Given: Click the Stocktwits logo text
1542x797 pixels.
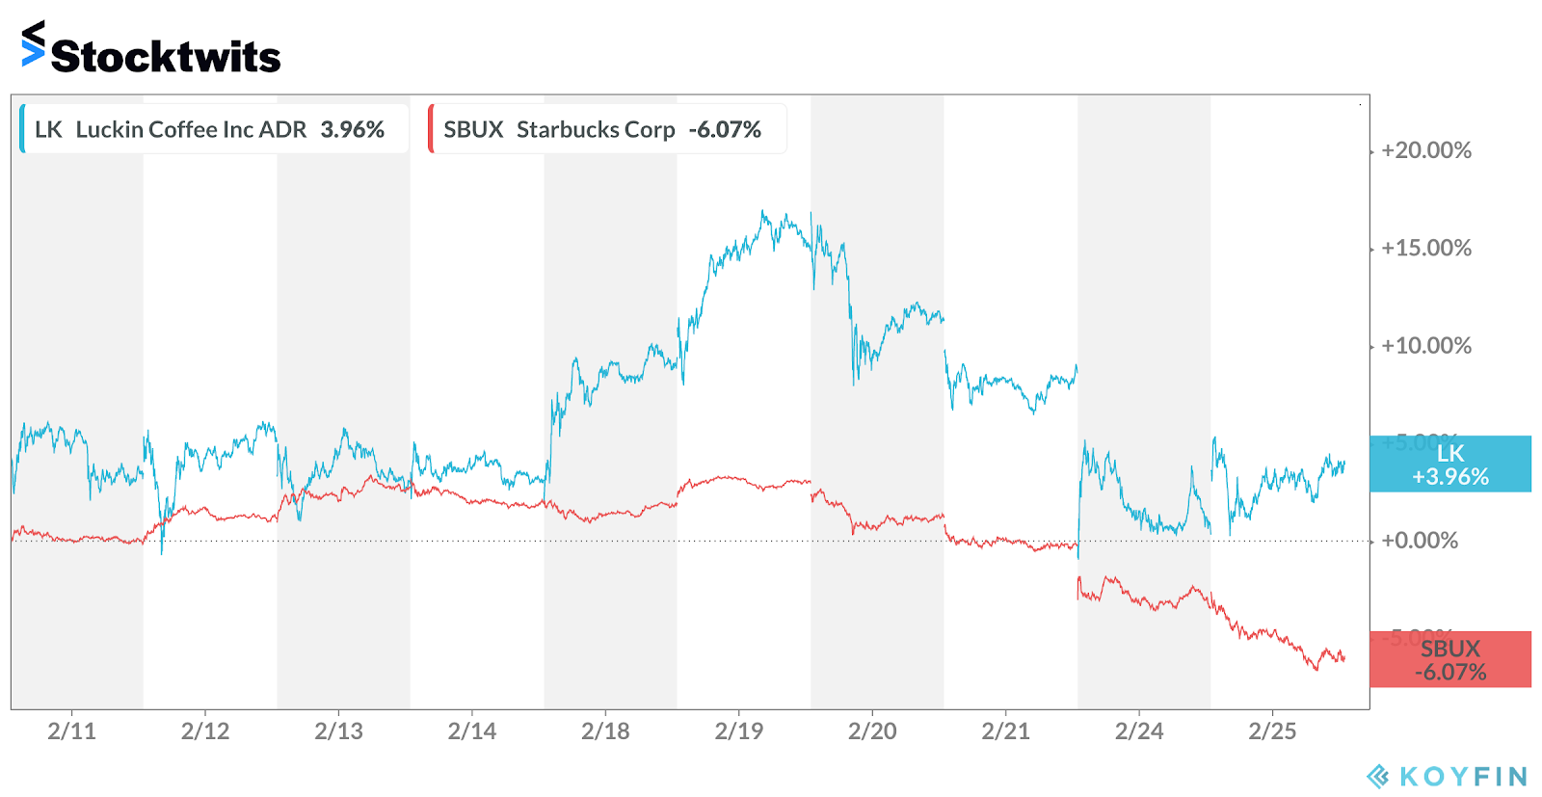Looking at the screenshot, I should coord(165,56).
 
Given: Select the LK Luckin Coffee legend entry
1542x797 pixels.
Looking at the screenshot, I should coord(209,129).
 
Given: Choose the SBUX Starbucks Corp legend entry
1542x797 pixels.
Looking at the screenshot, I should coord(602,129).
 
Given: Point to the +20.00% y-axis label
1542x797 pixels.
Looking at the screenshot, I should coord(1426,150).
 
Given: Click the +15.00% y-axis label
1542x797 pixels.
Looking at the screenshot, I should coord(1426,248).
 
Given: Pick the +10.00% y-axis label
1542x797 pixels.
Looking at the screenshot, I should coord(1426,346).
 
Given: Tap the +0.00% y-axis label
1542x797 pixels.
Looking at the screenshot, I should coord(1420,541).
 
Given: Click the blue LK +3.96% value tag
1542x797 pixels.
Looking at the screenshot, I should coord(1449,465).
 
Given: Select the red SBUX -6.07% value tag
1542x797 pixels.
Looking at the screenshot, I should coord(1449,660).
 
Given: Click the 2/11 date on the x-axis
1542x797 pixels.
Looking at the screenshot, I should coord(72,731).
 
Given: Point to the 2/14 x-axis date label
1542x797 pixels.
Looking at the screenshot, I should coord(472,731).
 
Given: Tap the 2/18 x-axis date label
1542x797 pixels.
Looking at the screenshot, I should coord(605,731).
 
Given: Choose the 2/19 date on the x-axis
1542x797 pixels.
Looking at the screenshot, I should coord(739,731).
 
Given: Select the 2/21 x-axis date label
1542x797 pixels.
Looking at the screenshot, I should coord(1005,731).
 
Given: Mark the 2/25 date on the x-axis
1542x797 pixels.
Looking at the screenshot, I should coord(1272,731).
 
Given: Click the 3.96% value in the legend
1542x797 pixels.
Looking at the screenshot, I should coord(353,129).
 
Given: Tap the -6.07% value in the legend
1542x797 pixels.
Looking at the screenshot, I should coord(725,129).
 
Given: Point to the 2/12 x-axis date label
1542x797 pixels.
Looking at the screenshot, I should coord(205,731).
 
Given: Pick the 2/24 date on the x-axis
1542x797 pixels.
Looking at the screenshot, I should coord(1139,731).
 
